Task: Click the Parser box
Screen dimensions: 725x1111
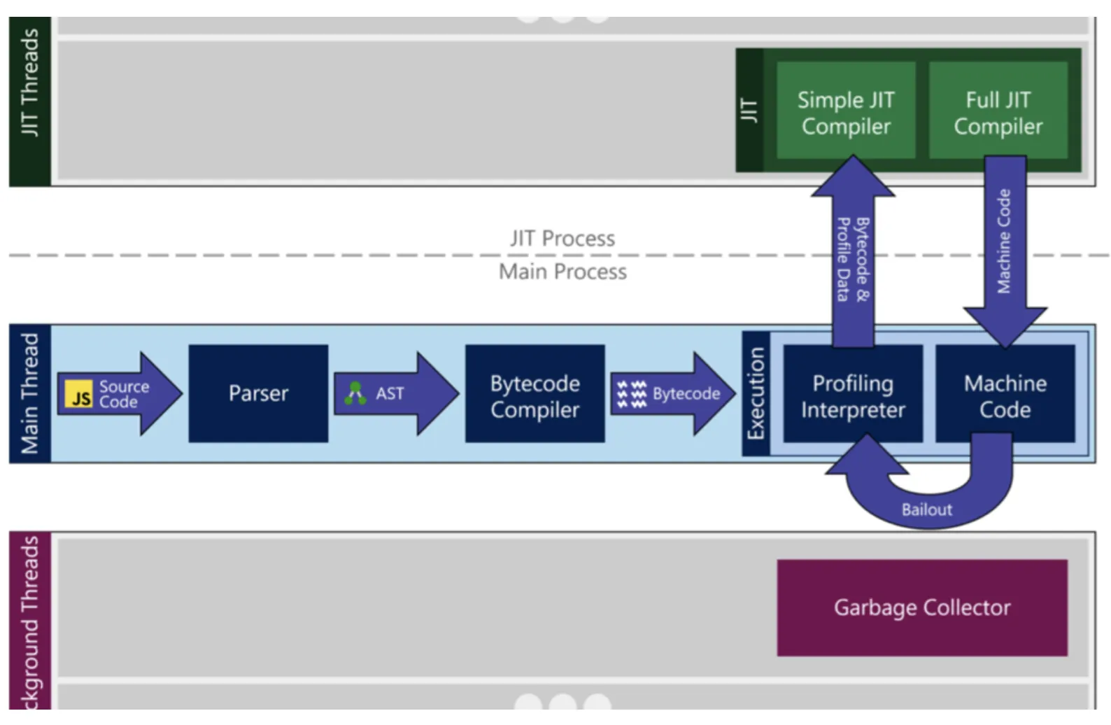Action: click(x=258, y=393)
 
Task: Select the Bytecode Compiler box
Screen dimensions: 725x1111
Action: click(x=535, y=393)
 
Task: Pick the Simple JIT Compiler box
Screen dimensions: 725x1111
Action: click(x=845, y=111)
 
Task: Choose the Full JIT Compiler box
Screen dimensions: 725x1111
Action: click(x=998, y=111)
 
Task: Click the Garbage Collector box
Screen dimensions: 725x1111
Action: click(x=921, y=607)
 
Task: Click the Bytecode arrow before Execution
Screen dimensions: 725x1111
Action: click(x=672, y=394)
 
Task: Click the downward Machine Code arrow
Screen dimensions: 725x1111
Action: click(x=1005, y=245)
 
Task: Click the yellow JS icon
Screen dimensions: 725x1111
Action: click(x=78, y=395)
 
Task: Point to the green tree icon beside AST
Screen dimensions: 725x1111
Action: click(x=356, y=393)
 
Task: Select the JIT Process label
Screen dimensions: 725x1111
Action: click(x=562, y=239)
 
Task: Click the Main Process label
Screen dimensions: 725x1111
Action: click(x=562, y=272)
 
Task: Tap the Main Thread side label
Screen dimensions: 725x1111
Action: click(x=29, y=393)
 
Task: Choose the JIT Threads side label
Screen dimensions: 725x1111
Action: click(x=29, y=83)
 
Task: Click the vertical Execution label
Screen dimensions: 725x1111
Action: click(x=756, y=393)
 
